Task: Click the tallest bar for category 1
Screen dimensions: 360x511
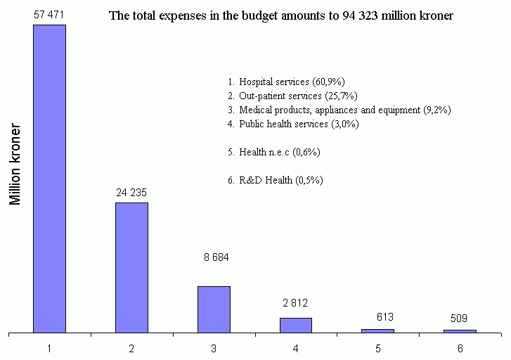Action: [x=49, y=178]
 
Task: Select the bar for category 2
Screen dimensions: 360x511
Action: [x=131, y=267]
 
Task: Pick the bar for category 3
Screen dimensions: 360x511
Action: [x=214, y=309]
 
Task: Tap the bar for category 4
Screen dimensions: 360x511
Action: [x=296, y=325]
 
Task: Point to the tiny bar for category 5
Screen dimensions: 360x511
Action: [x=377, y=330]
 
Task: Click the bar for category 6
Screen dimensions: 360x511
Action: [x=460, y=330]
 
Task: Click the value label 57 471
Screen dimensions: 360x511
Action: [x=49, y=14]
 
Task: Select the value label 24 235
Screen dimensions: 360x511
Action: [x=131, y=192]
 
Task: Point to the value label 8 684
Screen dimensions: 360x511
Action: [x=216, y=258]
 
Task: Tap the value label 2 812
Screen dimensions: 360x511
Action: [x=296, y=304]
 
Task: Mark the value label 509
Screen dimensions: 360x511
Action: [x=460, y=318]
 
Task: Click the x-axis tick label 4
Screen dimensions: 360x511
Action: [x=296, y=348]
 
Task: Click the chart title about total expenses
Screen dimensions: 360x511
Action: [x=281, y=15]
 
